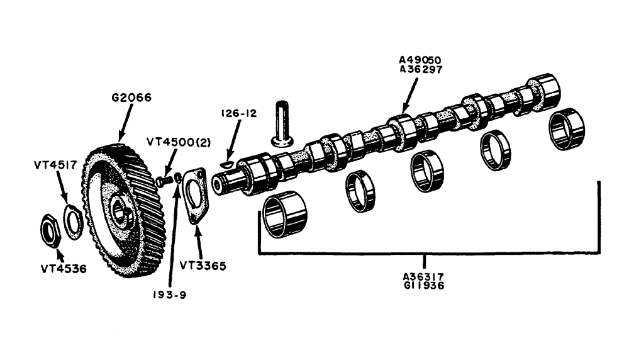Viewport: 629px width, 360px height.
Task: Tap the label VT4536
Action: [x=63, y=269]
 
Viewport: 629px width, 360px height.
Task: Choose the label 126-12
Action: [x=240, y=113]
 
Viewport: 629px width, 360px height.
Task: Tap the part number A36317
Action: [x=425, y=275]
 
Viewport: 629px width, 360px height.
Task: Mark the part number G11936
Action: [x=425, y=284]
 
